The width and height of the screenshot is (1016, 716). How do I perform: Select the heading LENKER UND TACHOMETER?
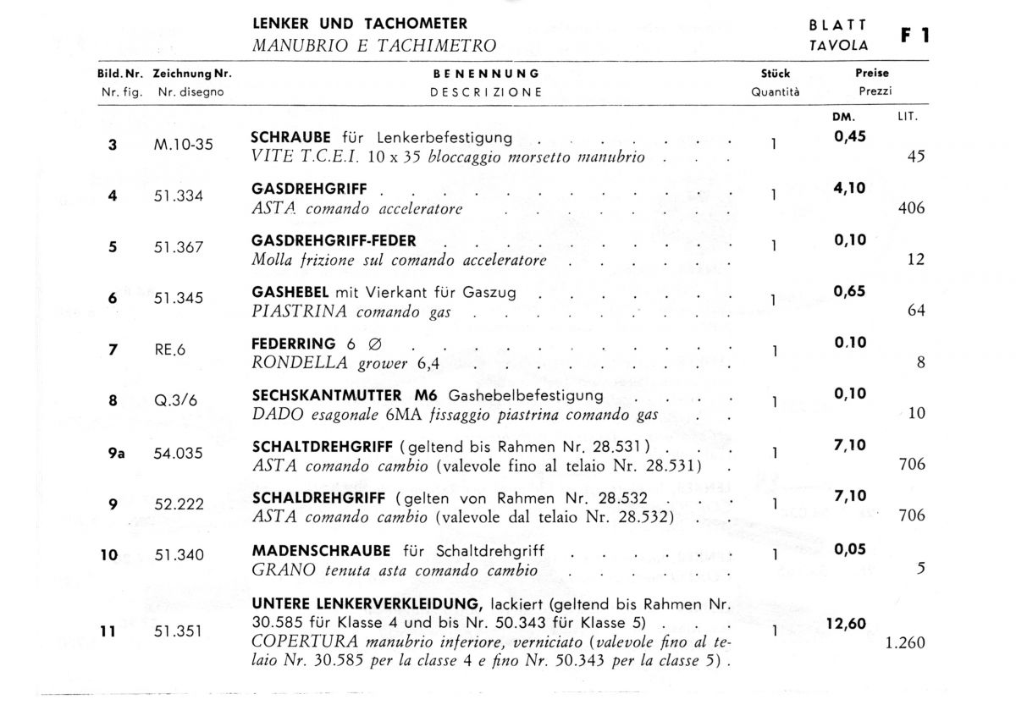[x=359, y=24]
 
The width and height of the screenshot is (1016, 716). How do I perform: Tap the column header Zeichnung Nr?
[x=192, y=74]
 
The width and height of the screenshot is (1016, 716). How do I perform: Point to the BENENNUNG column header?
[x=486, y=74]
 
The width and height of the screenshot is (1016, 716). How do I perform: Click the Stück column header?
[x=776, y=74]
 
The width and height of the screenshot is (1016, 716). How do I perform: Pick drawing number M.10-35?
[x=184, y=144]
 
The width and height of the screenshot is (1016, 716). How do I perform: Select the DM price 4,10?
[x=850, y=189]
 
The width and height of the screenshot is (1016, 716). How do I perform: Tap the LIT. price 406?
[x=911, y=208]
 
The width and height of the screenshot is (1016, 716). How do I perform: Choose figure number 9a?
[x=116, y=453]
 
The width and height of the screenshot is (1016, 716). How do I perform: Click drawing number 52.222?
[x=179, y=504]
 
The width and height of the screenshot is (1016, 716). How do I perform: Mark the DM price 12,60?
[x=845, y=625]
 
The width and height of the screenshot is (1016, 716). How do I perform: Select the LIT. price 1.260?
[x=905, y=643]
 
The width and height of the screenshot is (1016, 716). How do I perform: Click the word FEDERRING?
[x=294, y=344]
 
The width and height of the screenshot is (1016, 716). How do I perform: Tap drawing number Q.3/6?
[x=175, y=401]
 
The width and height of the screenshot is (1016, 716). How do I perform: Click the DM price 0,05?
[x=850, y=550]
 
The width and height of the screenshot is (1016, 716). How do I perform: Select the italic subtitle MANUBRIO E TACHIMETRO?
[x=374, y=46]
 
